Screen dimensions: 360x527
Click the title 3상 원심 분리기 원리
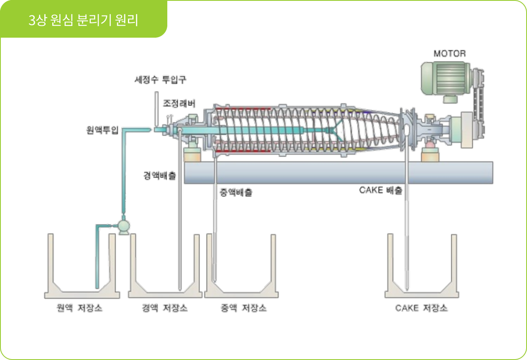click(83, 20)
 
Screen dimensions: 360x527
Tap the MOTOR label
click(449, 54)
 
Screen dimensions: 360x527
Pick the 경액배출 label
click(159, 176)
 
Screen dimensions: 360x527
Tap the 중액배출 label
click(235, 193)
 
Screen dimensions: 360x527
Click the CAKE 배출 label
click(381, 190)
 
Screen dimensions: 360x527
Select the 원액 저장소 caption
click(79, 309)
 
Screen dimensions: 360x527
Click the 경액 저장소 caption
click(164, 309)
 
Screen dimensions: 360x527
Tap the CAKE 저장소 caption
click(421, 309)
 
